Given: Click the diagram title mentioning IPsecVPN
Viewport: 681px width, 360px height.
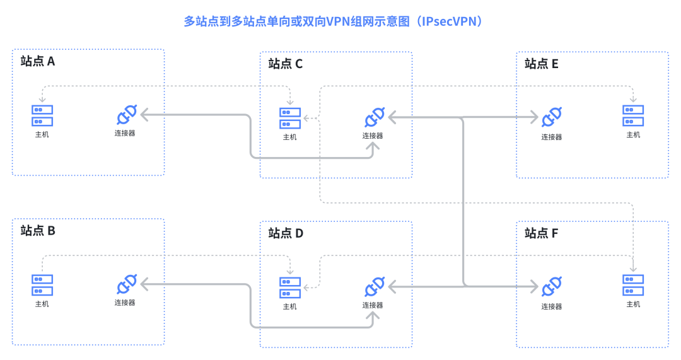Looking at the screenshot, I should pyautogui.click(x=335, y=21).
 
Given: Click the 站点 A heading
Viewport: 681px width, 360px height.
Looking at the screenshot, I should pyautogui.click(x=38, y=61).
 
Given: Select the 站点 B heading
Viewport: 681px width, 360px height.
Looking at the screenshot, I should pyautogui.click(x=38, y=231).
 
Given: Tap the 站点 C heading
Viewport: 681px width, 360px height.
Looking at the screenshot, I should pyautogui.click(x=286, y=64).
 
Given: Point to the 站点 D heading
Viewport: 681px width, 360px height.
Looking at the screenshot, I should pyautogui.click(x=286, y=233).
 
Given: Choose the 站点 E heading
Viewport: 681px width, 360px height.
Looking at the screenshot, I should pyautogui.click(x=542, y=64).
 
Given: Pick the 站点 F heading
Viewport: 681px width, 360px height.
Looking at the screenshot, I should pyautogui.click(x=542, y=233).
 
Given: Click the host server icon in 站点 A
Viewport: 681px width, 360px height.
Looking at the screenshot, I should pyautogui.click(x=42, y=115).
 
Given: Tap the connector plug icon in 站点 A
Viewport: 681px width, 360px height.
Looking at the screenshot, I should pyautogui.click(x=125, y=115).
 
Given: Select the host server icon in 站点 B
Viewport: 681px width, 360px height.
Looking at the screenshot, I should pyautogui.click(x=42, y=285).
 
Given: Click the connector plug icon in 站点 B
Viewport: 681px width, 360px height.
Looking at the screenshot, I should pyautogui.click(x=125, y=285).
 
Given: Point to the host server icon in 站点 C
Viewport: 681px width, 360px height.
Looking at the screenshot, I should pyautogui.click(x=290, y=118).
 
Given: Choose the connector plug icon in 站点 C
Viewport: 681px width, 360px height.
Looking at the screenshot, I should pyautogui.click(x=374, y=118).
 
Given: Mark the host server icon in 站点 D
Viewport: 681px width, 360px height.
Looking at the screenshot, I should pyautogui.click(x=290, y=287).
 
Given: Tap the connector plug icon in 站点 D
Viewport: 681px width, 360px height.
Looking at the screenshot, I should pyautogui.click(x=374, y=287).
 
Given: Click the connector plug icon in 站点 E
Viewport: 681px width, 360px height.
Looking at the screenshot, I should pyautogui.click(x=552, y=117).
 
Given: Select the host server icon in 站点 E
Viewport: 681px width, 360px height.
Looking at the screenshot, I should pyautogui.click(x=633, y=116).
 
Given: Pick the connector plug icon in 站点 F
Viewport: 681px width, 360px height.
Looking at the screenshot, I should pyautogui.click(x=552, y=287).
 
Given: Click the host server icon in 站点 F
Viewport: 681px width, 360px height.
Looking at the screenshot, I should pyautogui.click(x=633, y=286).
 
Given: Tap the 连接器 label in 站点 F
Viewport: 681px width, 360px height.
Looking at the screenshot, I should pyautogui.click(x=552, y=307).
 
